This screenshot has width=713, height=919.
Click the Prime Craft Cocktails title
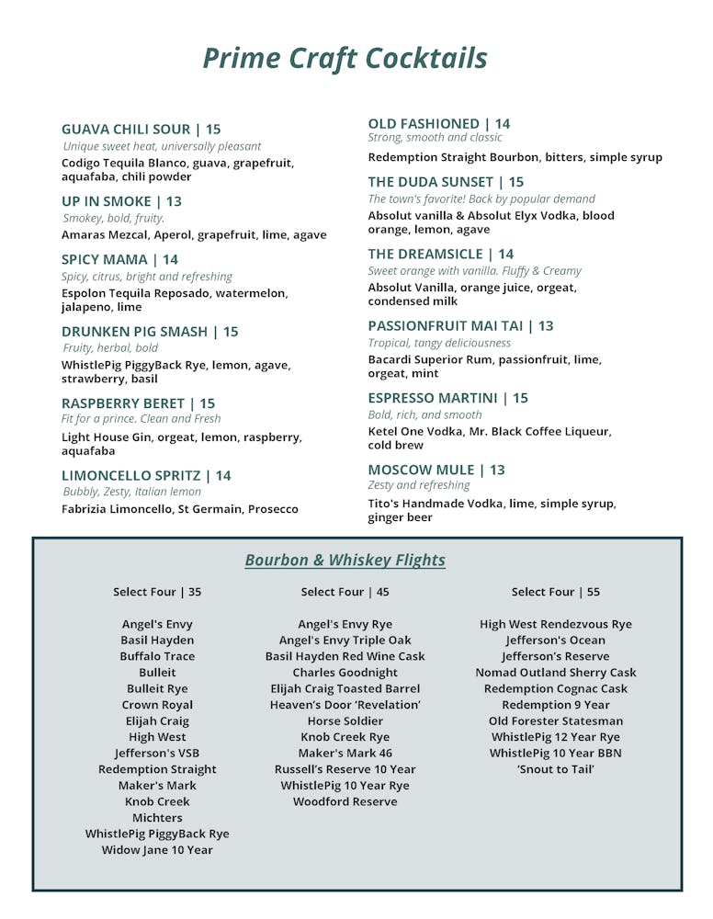(345, 58)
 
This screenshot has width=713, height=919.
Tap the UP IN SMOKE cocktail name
(105, 201)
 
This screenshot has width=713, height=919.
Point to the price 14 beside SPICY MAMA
(171, 260)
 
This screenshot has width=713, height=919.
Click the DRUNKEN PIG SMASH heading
(136, 332)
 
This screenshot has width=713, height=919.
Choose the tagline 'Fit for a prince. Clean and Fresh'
(141, 419)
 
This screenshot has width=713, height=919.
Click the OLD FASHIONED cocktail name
(424, 123)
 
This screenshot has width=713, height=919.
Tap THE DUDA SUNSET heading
(432, 182)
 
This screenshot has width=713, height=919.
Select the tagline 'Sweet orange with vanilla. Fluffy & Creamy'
(475, 271)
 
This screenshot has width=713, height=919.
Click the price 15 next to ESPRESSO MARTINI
(521, 398)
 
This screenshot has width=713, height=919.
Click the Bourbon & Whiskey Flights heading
(345, 561)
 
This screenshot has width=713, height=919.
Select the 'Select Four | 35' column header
(157, 592)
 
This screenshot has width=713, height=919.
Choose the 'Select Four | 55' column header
(556, 592)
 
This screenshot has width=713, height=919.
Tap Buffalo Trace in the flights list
(157, 656)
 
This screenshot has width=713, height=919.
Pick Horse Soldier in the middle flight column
(345, 721)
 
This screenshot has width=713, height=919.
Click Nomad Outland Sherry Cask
(556, 673)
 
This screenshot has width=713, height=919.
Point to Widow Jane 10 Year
(157, 850)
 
